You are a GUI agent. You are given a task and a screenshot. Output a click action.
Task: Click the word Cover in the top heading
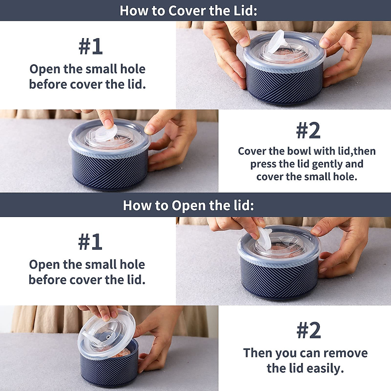point(187,10)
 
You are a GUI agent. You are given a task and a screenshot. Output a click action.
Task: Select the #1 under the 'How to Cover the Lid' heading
point(91,47)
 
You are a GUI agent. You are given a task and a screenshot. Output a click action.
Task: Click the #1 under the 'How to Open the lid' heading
point(90,242)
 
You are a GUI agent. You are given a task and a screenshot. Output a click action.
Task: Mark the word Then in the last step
point(258,353)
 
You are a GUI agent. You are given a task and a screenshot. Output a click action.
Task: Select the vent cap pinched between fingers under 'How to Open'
point(265,238)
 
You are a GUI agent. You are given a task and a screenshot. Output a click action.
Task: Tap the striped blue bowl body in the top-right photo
point(284,81)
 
